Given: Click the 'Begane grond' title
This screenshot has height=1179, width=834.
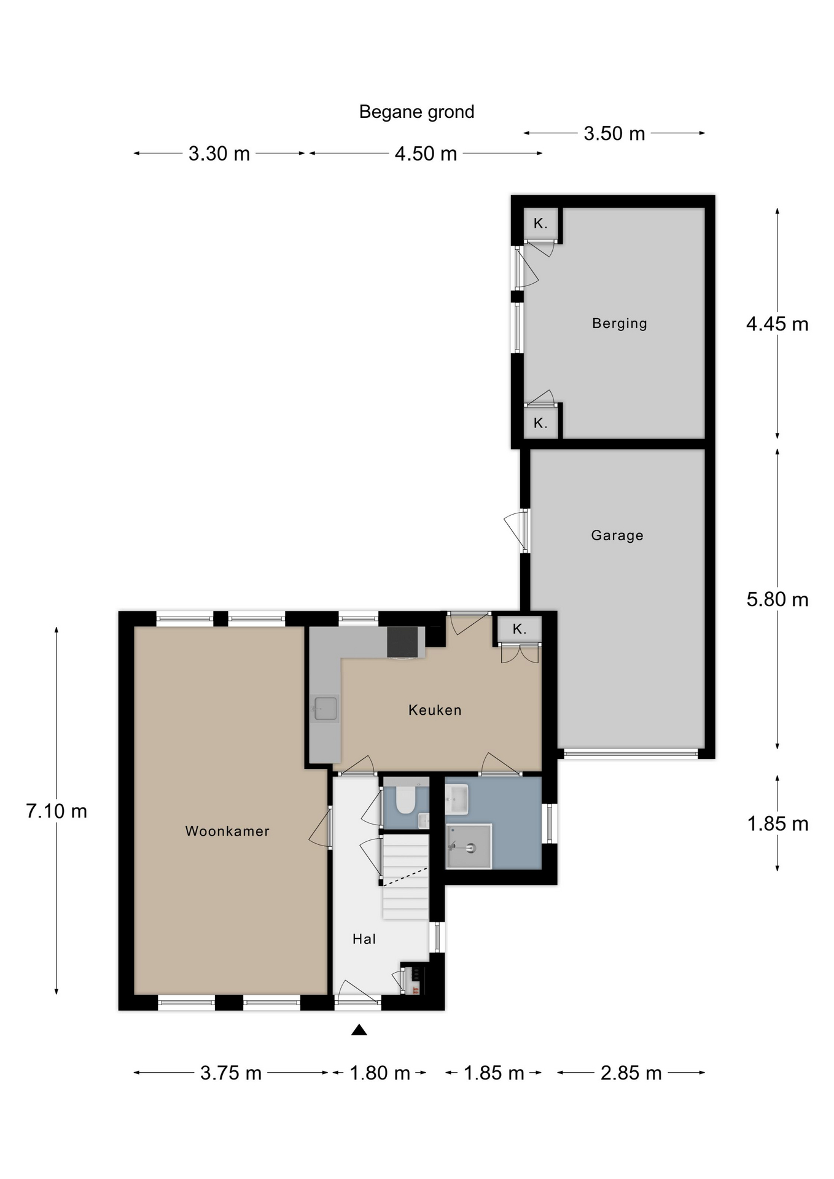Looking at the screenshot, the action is (x=416, y=112).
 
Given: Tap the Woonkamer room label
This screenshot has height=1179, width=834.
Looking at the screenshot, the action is (x=227, y=831).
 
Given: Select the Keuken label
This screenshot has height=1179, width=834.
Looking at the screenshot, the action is (x=435, y=710).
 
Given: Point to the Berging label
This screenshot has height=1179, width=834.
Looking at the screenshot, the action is (x=619, y=324).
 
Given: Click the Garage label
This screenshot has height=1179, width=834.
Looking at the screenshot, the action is (x=617, y=535).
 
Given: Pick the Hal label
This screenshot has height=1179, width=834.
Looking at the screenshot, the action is (x=364, y=938).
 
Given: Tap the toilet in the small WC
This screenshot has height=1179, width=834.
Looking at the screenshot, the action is (x=405, y=798).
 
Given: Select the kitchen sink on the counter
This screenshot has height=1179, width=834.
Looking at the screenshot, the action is (x=324, y=708).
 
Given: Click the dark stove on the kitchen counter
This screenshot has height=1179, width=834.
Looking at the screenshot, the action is (x=405, y=642).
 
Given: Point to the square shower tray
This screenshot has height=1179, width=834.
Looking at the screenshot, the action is (x=469, y=846).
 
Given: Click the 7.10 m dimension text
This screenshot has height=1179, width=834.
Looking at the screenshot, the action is (x=57, y=811).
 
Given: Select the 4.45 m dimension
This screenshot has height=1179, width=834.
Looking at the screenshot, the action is (x=777, y=324).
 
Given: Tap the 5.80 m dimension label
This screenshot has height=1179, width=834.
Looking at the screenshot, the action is (x=777, y=599).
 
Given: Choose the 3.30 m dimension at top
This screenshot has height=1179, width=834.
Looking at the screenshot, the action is (x=219, y=154).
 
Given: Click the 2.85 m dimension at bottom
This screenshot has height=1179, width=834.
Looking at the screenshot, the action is (x=631, y=1073).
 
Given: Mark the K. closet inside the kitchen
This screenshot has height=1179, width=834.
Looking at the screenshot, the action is (x=520, y=629).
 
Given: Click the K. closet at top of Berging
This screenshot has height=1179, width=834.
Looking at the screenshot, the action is (x=540, y=224).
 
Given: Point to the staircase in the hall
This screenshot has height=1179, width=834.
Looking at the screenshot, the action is (x=405, y=877).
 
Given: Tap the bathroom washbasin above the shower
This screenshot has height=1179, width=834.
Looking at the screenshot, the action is (x=457, y=799).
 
